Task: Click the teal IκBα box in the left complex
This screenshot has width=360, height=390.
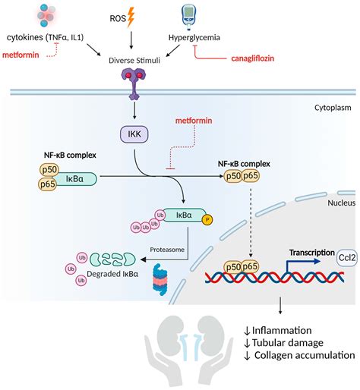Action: pos(75,179)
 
